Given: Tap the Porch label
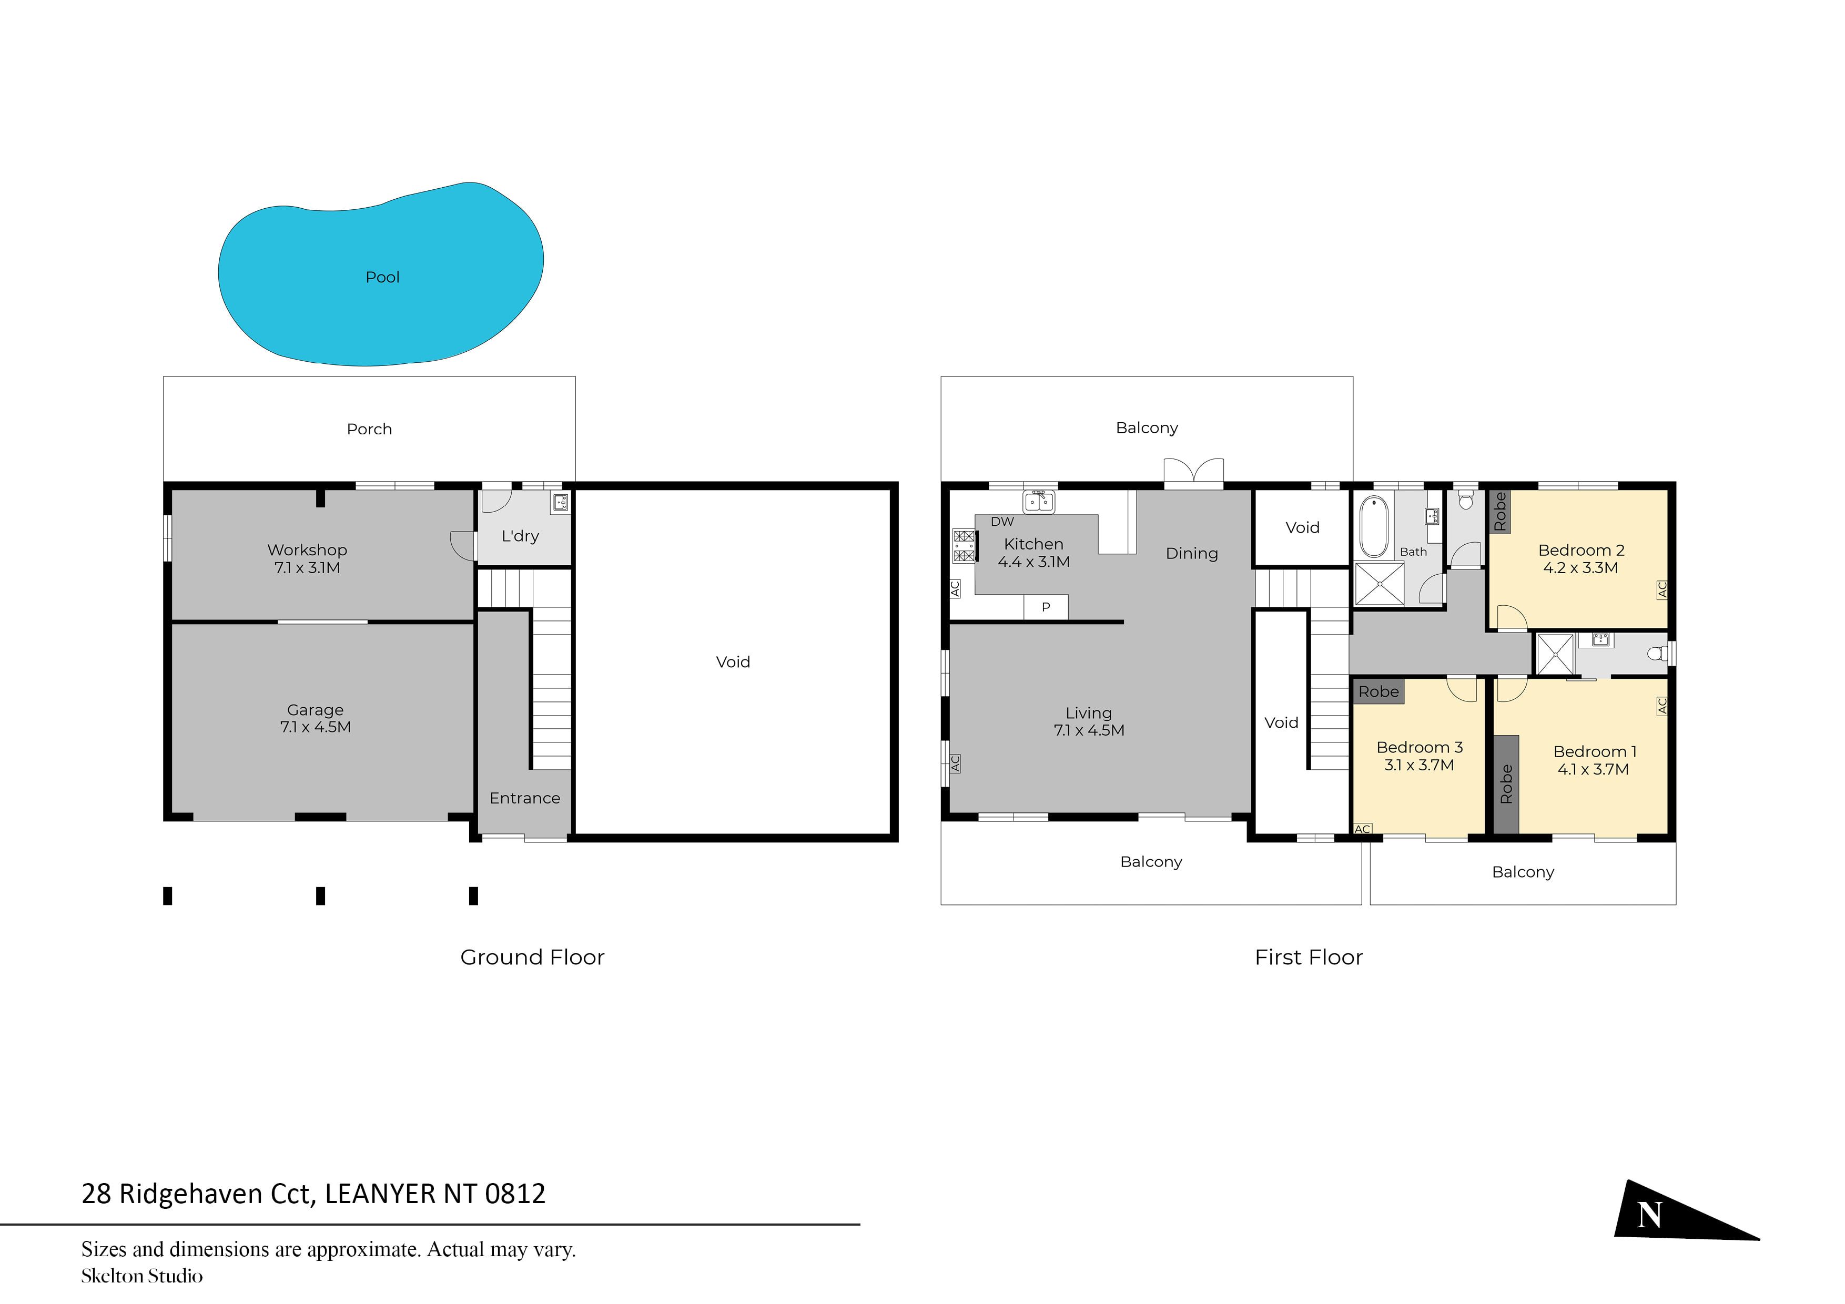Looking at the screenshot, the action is pos(370,429).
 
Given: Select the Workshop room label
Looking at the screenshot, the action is pos(307,549).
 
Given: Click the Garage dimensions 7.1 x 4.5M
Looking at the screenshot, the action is pos(315,727).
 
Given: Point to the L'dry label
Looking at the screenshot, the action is pos(520,536).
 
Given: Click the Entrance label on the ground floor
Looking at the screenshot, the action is pos(525,798).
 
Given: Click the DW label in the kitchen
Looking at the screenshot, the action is pos(1002,522).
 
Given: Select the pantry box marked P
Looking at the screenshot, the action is pos(1046,607).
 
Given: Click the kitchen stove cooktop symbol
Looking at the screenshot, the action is pos(964,546).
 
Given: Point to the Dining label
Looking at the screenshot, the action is pos(1192,554).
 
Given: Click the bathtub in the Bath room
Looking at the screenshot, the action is pos(1374,527).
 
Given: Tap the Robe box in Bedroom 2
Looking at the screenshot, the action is pos(1499,512).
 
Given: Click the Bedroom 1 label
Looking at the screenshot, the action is pos(1594,752).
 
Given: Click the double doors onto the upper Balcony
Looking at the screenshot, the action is pos(1194,472).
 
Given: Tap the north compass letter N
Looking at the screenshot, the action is pos(1649,1214).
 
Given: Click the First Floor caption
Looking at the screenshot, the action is pos(1309,957).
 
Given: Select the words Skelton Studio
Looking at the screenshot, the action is pos(142,1276).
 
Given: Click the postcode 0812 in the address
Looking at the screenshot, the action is pos(515,1194).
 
